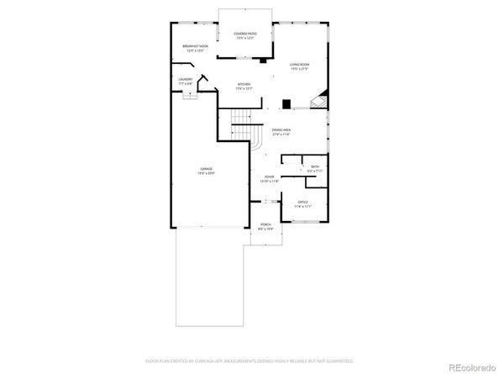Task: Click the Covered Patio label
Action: click(x=245, y=34)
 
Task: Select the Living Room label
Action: click(x=300, y=65)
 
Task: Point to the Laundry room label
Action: click(x=186, y=80)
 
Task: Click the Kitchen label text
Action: click(x=244, y=84)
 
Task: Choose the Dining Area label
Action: click(x=281, y=129)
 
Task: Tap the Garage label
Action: click(x=206, y=168)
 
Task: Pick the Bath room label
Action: click(x=315, y=167)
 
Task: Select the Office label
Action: click(x=302, y=203)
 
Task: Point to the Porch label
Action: click(x=265, y=225)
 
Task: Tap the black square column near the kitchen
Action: click(x=286, y=104)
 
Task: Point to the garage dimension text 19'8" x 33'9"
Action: click(x=206, y=173)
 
